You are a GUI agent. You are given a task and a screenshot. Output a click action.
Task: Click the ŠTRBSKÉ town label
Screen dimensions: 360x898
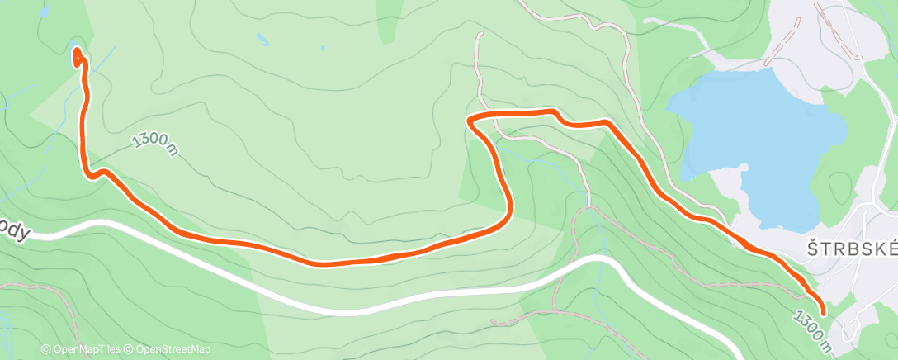tap(850, 250)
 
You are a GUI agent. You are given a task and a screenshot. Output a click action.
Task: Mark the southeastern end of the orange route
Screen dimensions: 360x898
tap(823, 311)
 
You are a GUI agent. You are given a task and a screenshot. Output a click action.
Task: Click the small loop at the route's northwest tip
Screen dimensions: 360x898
tap(78, 58)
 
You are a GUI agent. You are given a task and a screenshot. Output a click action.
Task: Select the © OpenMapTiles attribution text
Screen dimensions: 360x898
tap(82, 349)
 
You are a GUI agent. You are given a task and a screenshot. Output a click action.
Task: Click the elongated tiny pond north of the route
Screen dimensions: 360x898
tap(262, 39)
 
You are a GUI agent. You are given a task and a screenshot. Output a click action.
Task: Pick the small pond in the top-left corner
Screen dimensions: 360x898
tap(74, 46)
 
